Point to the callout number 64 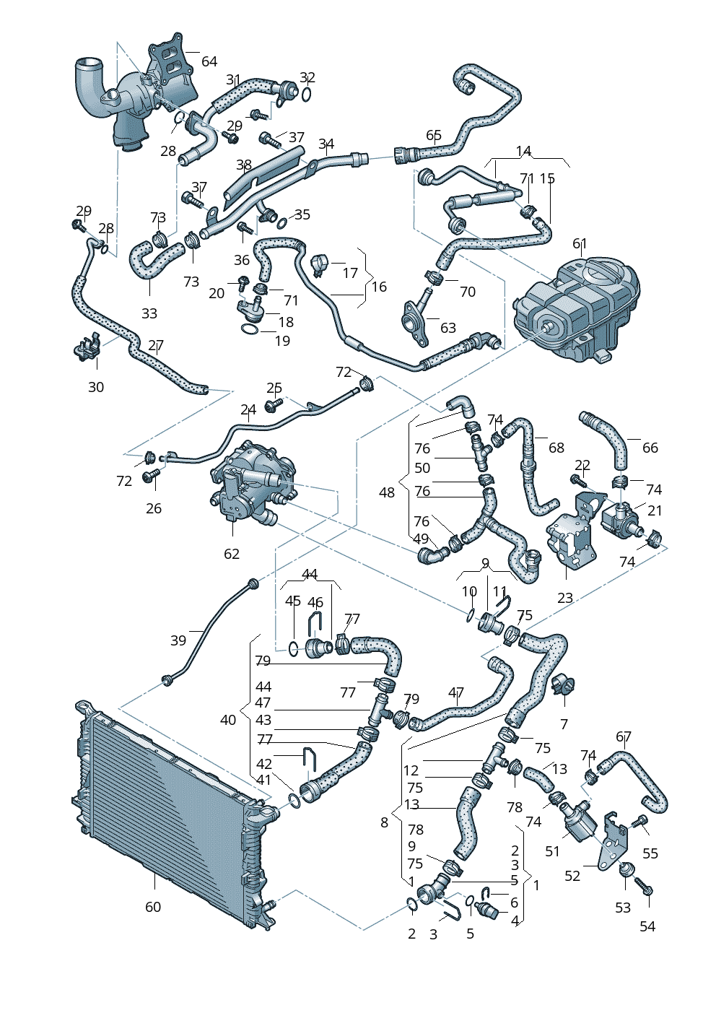(x=209, y=61)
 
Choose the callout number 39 (x=178, y=640)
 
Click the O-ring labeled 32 (x=307, y=95)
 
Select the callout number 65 (x=434, y=135)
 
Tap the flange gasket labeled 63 (x=413, y=318)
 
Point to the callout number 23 (x=565, y=597)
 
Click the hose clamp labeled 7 (x=563, y=683)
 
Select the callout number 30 (x=96, y=387)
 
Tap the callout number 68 (x=556, y=448)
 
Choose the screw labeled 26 (x=152, y=475)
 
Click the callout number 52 (x=572, y=875)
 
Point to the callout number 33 (x=149, y=313)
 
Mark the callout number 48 (x=387, y=492)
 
